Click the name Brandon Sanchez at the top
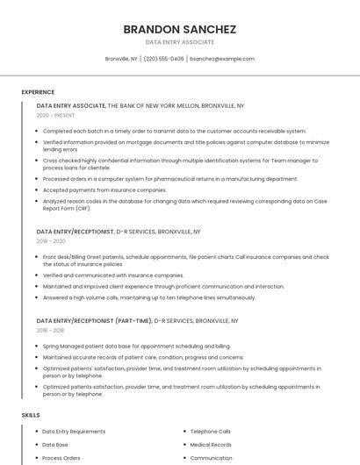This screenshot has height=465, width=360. [x=179, y=29]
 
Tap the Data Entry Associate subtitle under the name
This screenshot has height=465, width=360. [x=179, y=42]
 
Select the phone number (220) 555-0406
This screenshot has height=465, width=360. [x=163, y=59]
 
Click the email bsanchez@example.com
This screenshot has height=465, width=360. [x=222, y=59]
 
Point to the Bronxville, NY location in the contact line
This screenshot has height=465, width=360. [x=121, y=59]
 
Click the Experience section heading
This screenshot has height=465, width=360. [x=38, y=92]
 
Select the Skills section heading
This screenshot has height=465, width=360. [x=31, y=414]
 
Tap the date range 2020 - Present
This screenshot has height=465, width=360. [x=55, y=115]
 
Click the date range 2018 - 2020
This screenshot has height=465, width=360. [x=51, y=241]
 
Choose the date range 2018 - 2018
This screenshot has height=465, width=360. [x=51, y=331]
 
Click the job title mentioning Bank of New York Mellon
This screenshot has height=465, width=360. [x=140, y=105]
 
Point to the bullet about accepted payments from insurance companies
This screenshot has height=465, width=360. [x=104, y=190]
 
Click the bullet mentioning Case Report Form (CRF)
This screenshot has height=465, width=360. [x=184, y=204]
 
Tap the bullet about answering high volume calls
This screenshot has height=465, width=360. [x=149, y=297]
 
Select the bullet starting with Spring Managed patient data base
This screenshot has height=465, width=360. [x=136, y=346]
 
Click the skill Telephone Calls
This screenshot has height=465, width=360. [x=210, y=432]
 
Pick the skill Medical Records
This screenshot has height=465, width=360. [x=211, y=445]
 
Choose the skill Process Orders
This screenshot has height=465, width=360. [x=61, y=458]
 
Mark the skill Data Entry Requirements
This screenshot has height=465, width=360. [x=74, y=432]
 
